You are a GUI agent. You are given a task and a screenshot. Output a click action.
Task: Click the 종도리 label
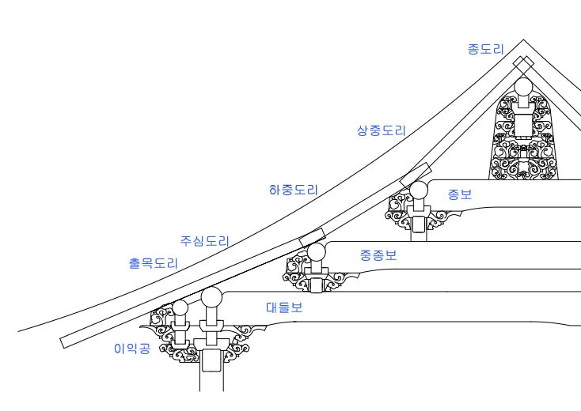click(x=484, y=49)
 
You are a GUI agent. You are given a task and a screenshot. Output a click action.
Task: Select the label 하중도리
click(x=294, y=190)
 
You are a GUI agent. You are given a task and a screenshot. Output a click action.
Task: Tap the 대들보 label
click(x=283, y=308)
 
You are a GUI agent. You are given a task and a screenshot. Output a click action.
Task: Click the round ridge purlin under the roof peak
click(x=525, y=88)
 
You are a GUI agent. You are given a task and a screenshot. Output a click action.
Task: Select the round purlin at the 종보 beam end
click(x=417, y=189)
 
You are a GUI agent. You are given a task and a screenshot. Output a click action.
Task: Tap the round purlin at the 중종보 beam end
click(x=317, y=252)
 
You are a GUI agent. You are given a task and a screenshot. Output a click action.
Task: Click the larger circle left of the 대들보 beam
click(x=211, y=298)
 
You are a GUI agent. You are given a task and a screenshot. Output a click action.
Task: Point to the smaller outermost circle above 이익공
click(x=181, y=307)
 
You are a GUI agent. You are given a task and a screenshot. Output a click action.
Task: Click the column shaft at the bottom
click(x=211, y=375)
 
